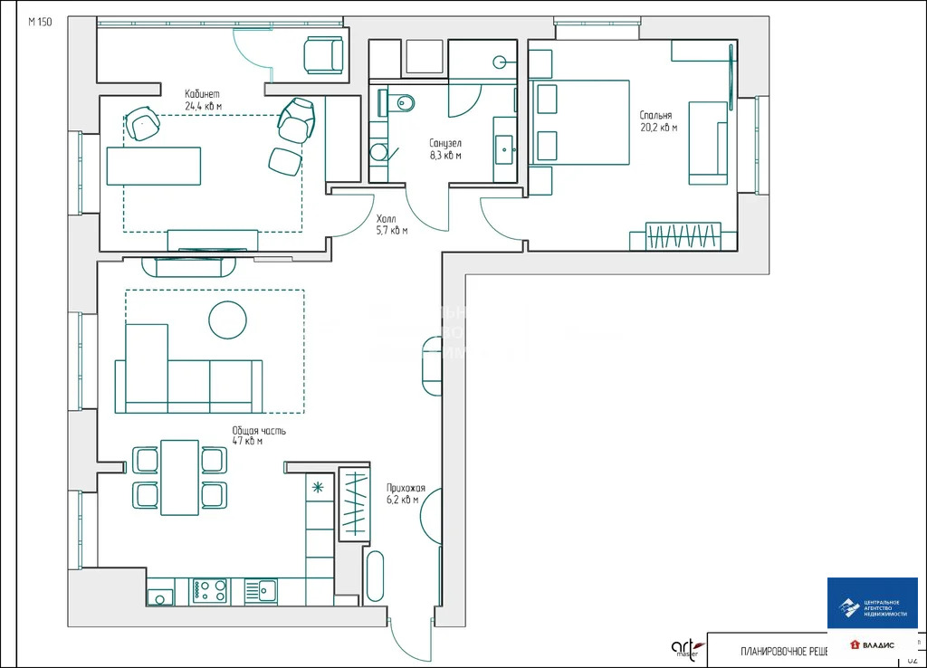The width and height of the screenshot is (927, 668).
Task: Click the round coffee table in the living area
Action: point(227,320)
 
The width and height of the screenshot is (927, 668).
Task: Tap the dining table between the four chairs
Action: point(179,477)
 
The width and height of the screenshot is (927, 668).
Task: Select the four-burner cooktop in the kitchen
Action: point(211,591)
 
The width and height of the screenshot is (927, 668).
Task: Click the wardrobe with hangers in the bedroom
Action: point(684,235)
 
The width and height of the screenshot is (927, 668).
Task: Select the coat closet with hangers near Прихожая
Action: point(354,503)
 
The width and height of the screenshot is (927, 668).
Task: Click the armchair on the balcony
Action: point(323,55)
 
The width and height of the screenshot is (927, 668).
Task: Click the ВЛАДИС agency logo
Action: point(872,644)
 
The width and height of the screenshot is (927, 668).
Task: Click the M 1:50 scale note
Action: point(40,23)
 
